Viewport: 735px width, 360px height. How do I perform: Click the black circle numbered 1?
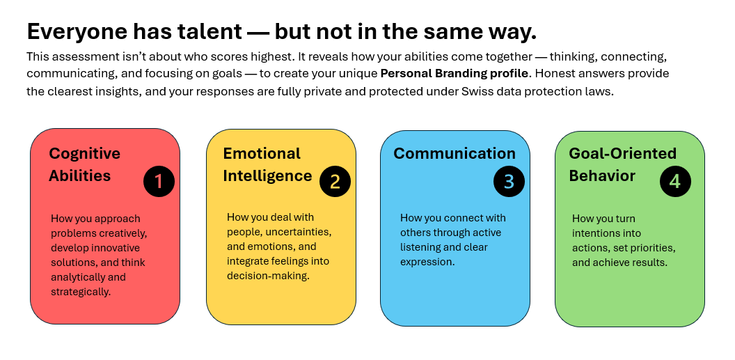tap(159, 182)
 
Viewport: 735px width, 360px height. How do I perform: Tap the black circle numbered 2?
tap(335, 182)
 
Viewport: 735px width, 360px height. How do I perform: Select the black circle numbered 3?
tap(509, 182)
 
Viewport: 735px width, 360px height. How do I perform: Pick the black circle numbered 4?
tap(675, 182)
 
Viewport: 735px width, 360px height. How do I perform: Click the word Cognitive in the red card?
tap(84, 154)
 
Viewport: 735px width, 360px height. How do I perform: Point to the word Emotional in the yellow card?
tap(262, 153)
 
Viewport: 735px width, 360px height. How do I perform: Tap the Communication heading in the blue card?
tap(455, 153)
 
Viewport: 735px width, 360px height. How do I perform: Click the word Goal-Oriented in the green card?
tap(622, 153)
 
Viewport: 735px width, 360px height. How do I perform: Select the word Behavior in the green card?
tap(602, 175)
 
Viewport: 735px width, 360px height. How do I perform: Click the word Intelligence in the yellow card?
tap(267, 176)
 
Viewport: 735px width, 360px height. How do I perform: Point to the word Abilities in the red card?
tap(79, 175)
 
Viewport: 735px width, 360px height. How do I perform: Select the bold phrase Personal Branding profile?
tap(455, 74)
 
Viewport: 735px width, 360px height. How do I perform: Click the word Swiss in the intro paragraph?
tap(476, 91)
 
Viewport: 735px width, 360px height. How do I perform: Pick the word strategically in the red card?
tap(81, 292)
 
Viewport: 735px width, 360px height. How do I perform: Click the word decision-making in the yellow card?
tap(268, 276)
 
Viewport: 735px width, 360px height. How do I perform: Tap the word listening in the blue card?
tap(420, 247)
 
